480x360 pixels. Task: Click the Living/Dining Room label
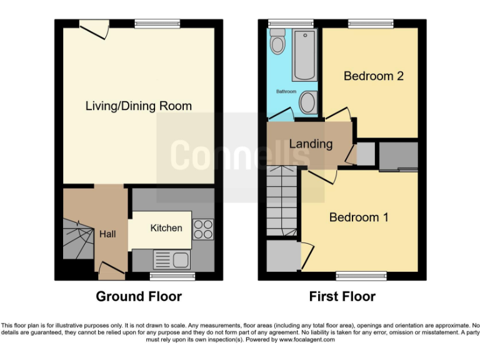(x=138, y=106)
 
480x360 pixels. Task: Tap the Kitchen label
(x=166, y=228)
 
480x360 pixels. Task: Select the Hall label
(x=107, y=234)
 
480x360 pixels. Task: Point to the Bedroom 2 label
(x=373, y=76)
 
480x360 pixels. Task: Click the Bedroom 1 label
(x=359, y=217)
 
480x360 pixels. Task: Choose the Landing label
(x=311, y=144)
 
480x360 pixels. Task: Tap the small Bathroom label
(x=286, y=92)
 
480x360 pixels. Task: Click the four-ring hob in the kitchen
(x=203, y=229)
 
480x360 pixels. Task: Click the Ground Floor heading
(x=138, y=296)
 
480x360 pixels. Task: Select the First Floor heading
(x=342, y=296)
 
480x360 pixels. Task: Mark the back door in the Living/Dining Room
(x=93, y=27)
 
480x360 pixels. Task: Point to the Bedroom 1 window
(x=361, y=275)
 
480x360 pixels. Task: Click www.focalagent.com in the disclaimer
(x=311, y=340)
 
